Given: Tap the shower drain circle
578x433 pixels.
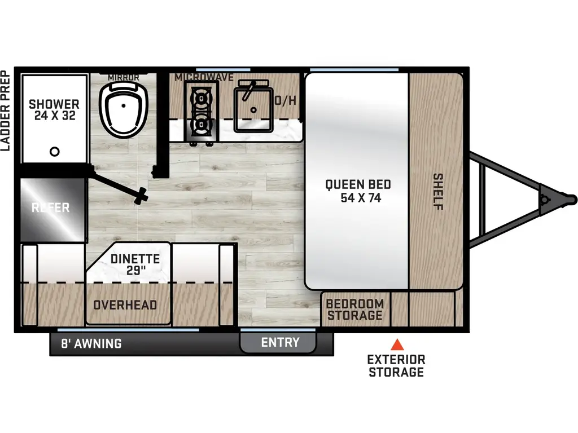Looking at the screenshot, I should (x=55, y=151).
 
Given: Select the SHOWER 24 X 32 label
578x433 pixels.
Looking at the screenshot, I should (x=54, y=110).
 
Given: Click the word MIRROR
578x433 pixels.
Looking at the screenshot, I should (x=123, y=77).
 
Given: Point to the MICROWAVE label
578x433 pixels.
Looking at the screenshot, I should (x=204, y=77).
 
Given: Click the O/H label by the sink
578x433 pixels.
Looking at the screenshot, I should (x=285, y=101).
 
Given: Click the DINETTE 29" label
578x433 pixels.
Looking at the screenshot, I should (x=135, y=265).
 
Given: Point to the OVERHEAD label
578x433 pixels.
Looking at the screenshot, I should (x=125, y=305).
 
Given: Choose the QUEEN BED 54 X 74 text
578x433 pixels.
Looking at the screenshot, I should (x=358, y=191).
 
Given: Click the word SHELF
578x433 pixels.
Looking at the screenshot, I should (x=438, y=192).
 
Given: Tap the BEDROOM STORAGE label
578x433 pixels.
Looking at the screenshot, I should (x=355, y=309).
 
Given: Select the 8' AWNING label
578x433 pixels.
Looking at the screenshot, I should (x=91, y=343).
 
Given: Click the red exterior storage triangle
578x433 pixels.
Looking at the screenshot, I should (x=397, y=344).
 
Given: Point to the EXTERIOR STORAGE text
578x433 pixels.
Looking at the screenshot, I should (x=396, y=365).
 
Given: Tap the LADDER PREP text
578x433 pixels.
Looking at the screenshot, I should (x=6, y=111).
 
